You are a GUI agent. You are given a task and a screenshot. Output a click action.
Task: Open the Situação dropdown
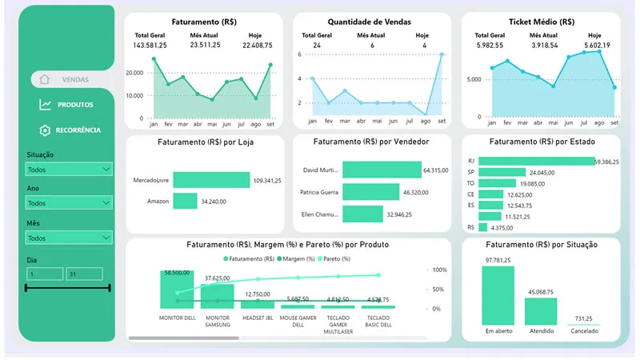click(69, 170)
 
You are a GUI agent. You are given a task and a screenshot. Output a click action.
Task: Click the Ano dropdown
click(69, 203)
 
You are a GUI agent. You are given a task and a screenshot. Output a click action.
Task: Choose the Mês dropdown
click(69, 238)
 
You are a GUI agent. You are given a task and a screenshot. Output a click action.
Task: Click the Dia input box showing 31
click(84, 274)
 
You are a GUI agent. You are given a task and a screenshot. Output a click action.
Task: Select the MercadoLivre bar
click(211, 181)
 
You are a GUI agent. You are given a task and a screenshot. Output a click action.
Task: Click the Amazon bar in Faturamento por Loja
click(185, 201)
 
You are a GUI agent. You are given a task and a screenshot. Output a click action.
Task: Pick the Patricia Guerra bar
click(370, 192)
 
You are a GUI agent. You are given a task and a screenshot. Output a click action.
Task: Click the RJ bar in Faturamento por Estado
click(536, 161)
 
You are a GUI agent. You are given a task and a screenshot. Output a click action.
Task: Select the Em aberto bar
click(498, 294)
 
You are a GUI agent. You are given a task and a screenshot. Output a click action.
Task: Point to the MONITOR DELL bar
click(177, 289)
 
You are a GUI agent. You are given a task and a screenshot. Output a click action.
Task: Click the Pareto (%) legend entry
click(336, 258)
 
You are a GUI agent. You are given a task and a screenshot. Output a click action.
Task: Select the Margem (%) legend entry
click(296, 258)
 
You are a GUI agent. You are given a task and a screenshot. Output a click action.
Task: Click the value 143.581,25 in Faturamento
click(150, 46)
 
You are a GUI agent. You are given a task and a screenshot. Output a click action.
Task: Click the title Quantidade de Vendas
click(369, 22)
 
